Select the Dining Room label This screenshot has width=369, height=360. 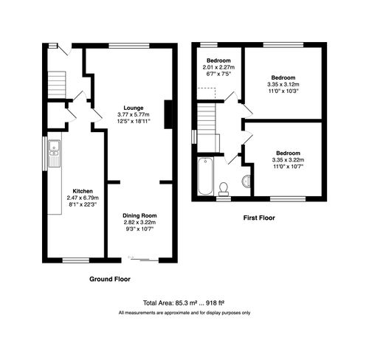click(x=139, y=215)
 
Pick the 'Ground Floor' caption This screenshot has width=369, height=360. click(x=110, y=280)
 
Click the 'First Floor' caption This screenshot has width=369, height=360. click(x=260, y=218)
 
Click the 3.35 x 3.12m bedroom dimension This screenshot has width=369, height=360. click(x=283, y=84)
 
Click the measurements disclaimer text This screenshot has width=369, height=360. click(x=184, y=313)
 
